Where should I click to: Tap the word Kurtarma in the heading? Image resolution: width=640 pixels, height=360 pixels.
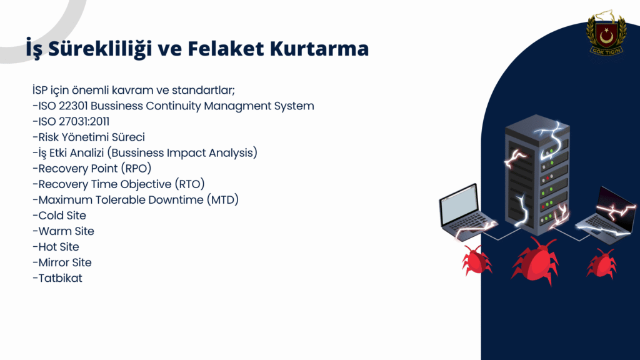[x=319, y=48]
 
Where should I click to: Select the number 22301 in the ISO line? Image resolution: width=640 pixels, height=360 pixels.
[x=73, y=106]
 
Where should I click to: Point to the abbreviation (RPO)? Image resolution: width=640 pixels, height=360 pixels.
[x=136, y=169]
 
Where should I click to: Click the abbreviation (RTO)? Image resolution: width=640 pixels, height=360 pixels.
[x=189, y=184]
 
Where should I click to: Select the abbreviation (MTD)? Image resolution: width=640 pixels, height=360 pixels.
[x=222, y=200]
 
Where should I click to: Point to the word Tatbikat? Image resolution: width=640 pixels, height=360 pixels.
[x=60, y=278]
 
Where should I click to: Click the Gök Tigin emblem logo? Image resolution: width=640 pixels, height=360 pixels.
[x=606, y=34]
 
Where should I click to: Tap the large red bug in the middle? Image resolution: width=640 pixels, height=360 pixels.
[x=535, y=261]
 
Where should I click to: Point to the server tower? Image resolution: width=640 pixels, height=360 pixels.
[x=537, y=175]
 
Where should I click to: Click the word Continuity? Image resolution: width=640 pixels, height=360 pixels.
[x=174, y=106]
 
